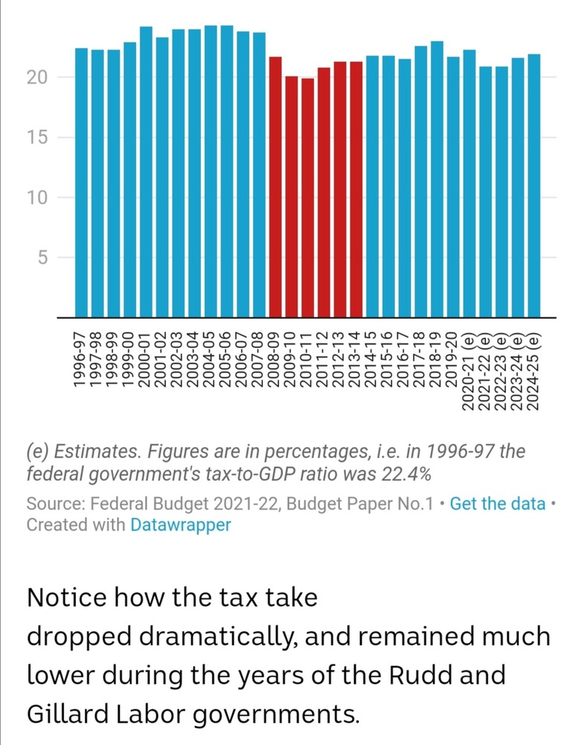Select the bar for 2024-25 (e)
(534, 186)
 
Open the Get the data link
(497, 504)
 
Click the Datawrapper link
(180, 524)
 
